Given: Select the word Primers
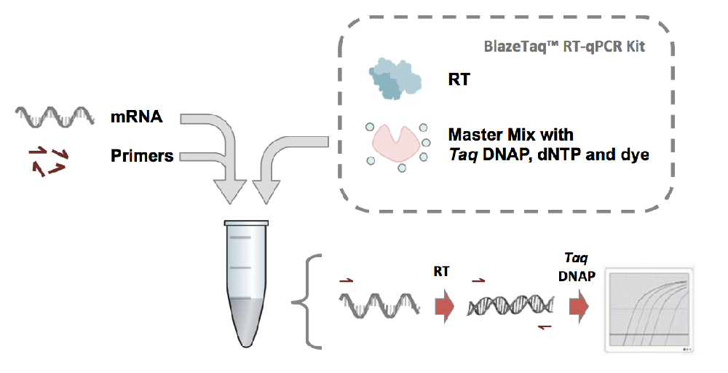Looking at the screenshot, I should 142,155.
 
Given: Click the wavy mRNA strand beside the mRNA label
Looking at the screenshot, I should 55,116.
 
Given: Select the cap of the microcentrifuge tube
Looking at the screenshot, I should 247,222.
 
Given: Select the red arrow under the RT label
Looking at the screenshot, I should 443,307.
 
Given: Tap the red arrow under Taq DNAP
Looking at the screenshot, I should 578,307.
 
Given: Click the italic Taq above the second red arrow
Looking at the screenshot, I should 573,259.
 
